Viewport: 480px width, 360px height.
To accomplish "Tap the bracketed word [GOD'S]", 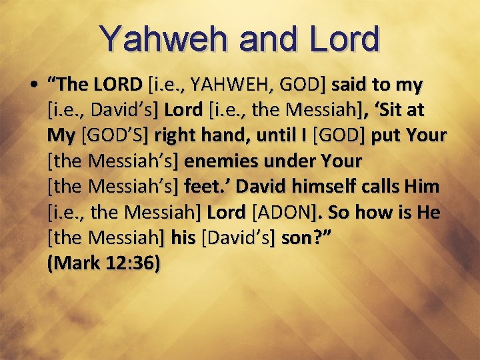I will (115, 135).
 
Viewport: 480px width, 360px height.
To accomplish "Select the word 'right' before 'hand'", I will (174, 135).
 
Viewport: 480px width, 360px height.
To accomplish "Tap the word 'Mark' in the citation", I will (77, 263).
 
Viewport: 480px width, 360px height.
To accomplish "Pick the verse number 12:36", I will (134, 263).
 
